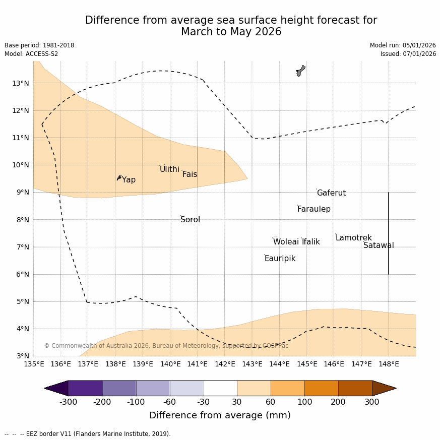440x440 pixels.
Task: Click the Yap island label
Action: coord(129,180)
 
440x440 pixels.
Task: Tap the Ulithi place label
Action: coord(169,169)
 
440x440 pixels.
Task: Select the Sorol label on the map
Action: coord(190,220)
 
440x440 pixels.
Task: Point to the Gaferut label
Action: coord(331,193)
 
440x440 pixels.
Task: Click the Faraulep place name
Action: coord(313,209)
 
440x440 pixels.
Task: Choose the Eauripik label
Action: coord(280,259)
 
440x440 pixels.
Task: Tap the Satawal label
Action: coord(379,245)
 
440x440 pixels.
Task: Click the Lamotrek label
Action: coord(353,238)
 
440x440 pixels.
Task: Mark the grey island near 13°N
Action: coord(300,71)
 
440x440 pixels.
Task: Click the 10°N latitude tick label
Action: coord(20,165)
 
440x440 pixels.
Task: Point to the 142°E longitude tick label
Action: coord(225,364)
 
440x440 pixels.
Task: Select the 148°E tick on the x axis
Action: coord(389,364)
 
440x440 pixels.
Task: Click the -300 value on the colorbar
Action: coord(69,402)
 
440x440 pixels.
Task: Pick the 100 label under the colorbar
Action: coord(304,402)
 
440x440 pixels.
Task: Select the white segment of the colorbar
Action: coord(220,388)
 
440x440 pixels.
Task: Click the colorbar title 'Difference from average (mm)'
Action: coord(220,415)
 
